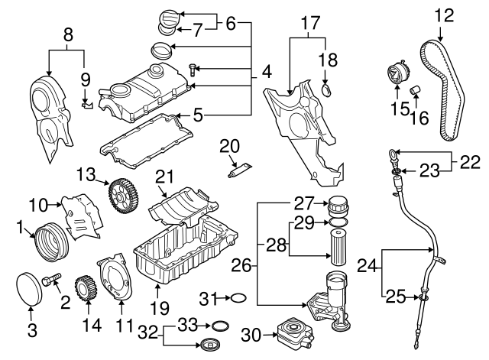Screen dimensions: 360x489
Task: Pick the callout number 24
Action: [368, 267]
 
